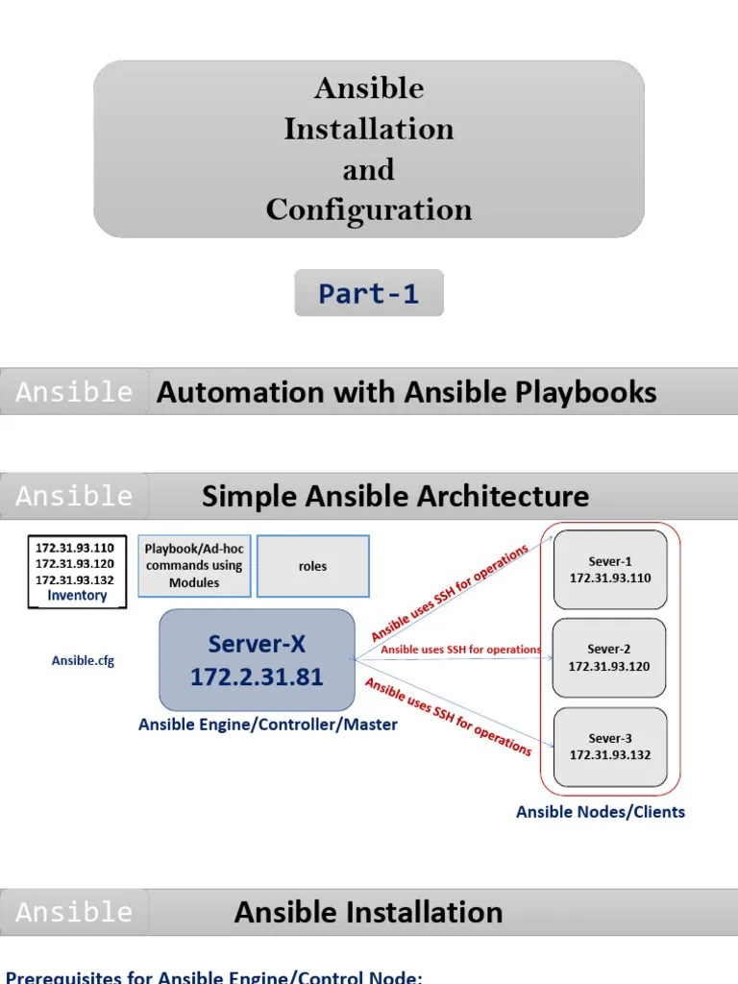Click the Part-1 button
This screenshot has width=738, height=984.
tap(369, 294)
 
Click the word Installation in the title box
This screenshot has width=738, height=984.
tap(369, 129)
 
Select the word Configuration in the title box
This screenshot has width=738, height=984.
tap(369, 209)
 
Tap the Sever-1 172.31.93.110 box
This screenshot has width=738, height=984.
tap(610, 569)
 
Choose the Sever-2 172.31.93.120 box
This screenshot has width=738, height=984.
tap(610, 657)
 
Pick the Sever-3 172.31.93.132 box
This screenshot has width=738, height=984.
tap(610, 746)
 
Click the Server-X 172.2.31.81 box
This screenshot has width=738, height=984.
tap(257, 659)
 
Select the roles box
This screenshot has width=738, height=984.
tap(312, 567)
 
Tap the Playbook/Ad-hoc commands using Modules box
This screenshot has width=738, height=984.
tap(194, 566)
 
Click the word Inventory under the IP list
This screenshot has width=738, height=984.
tap(77, 596)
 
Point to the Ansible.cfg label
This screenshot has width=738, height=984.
tap(83, 661)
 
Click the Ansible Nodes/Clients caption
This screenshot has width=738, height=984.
tap(601, 812)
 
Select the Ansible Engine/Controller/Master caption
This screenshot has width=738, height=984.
tap(268, 725)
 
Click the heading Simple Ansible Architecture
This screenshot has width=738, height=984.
tap(395, 497)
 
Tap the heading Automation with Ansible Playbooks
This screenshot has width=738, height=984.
tap(406, 392)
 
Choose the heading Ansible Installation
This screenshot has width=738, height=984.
tap(368, 912)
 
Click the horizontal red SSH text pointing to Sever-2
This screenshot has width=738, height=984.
tap(460, 650)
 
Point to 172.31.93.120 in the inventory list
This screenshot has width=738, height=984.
tap(75, 564)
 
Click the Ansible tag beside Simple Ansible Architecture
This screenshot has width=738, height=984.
tap(74, 497)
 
